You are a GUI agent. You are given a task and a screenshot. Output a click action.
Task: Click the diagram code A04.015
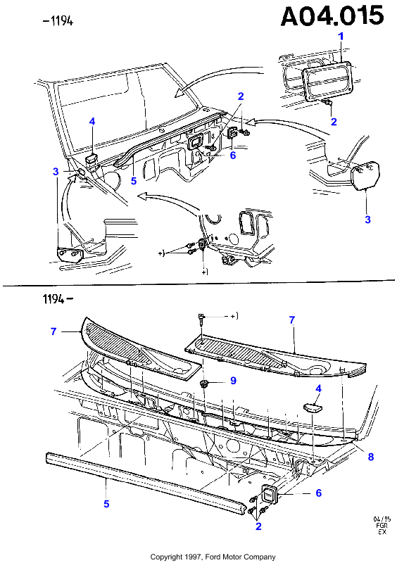click(332, 16)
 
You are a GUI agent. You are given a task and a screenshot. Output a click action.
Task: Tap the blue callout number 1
click(341, 37)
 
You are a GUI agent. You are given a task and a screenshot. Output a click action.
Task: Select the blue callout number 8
click(371, 456)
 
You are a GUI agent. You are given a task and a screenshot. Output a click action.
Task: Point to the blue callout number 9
click(233, 380)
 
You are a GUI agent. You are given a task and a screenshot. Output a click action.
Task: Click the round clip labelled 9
click(205, 384)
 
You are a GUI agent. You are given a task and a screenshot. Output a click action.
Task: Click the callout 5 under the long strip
click(106, 504)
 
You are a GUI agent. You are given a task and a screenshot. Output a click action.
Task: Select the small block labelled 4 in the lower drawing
click(313, 407)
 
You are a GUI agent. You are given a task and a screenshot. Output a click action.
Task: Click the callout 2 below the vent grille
click(334, 122)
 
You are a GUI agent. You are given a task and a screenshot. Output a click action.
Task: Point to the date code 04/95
click(382, 519)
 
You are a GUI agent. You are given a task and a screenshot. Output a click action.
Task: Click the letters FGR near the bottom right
click(382, 525)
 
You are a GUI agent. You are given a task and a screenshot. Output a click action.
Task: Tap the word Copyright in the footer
click(166, 557)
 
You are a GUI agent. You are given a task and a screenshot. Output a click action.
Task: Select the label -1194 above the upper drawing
click(58, 21)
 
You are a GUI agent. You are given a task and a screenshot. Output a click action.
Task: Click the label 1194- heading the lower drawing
click(58, 298)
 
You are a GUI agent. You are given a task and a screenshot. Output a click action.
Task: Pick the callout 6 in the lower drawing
click(318, 493)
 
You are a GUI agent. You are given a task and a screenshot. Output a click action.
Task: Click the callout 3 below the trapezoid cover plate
click(367, 220)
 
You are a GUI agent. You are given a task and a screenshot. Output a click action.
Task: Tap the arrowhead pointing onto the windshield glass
click(179, 94)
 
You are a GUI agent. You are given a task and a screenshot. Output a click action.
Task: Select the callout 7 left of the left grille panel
click(53, 331)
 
